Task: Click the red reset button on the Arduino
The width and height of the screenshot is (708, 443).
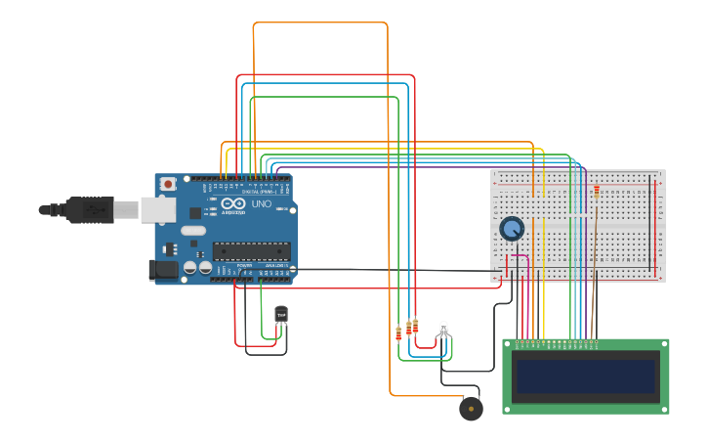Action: click(x=168, y=184)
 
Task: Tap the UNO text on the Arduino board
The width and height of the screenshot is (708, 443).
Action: click(x=261, y=204)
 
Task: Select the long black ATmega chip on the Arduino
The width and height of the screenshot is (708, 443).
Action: click(x=251, y=250)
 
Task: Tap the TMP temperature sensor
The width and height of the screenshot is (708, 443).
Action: click(x=282, y=314)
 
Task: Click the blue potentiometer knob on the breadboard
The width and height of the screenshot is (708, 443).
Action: click(x=511, y=229)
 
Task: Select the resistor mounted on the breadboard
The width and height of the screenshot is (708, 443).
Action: click(x=597, y=192)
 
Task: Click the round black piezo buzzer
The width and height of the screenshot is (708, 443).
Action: click(x=471, y=408)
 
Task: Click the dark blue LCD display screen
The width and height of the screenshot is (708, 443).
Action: click(x=586, y=376)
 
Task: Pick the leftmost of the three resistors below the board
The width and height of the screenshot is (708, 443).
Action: click(x=398, y=333)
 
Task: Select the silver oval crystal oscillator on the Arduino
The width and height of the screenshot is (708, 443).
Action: click(x=193, y=231)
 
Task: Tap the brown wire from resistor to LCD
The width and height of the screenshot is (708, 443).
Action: click(x=593, y=264)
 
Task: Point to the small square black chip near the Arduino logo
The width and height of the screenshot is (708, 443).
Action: click(x=195, y=211)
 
